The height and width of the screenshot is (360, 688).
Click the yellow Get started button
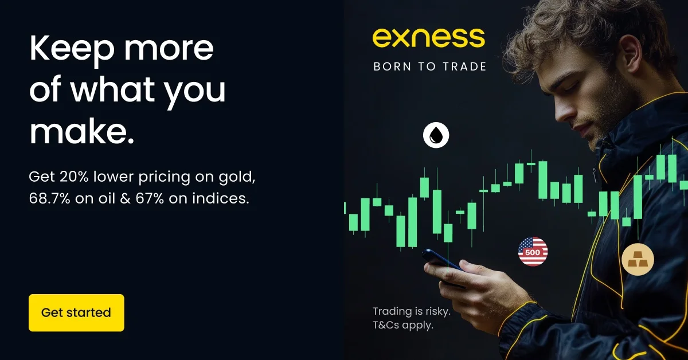(76, 312)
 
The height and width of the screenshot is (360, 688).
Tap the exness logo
(429, 38)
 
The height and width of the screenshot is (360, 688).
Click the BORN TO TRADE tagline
(429, 66)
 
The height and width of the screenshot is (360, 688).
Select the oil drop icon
(436, 135)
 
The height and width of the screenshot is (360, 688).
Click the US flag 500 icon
(533, 252)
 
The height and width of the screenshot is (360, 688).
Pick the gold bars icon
(638, 260)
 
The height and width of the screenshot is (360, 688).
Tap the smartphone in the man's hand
(443, 263)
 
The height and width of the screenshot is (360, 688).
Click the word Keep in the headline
(72, 50)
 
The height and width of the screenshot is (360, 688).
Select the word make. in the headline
(81, 131)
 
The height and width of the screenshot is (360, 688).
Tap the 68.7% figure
(49, 198)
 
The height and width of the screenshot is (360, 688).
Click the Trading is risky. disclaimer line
(412, 311)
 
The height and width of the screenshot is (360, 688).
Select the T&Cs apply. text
(403, 325)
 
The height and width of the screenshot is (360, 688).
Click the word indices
(221, 198)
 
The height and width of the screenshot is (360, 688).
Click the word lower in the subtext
(114, 177)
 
